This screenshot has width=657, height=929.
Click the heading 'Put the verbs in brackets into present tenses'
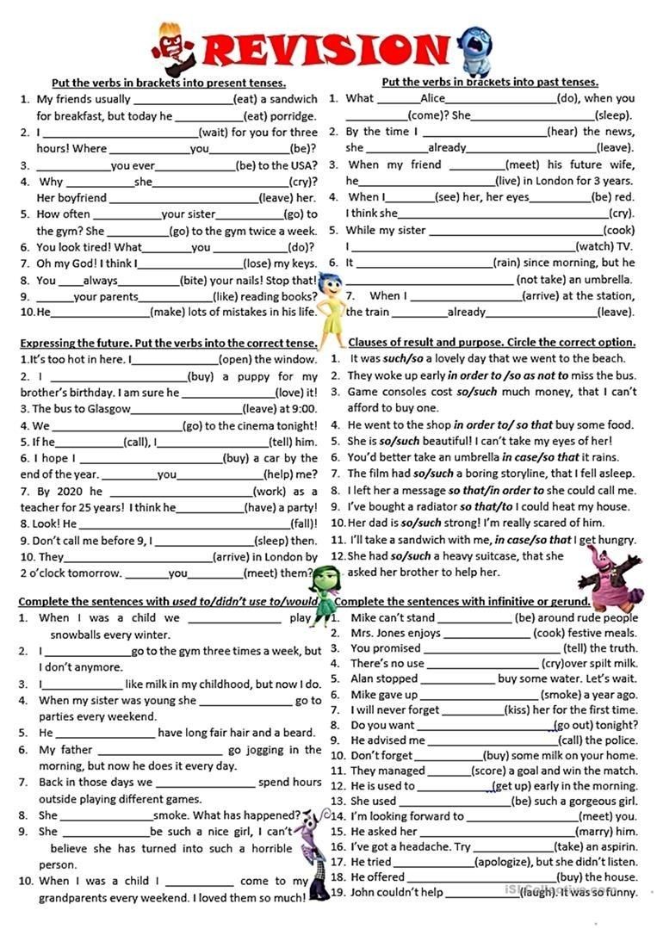tap(169, 83)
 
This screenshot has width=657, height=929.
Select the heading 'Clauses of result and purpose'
tap(492, 342)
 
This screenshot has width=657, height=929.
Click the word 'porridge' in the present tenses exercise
tap(294, 115)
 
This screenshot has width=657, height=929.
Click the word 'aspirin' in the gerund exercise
tap(613, 847)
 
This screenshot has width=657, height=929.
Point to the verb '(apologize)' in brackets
tap(503, 862)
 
